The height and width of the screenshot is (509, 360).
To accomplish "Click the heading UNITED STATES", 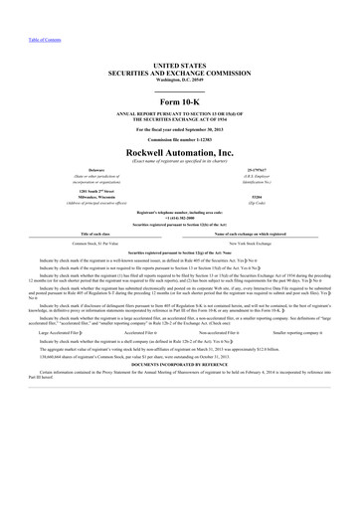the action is pos(179,63).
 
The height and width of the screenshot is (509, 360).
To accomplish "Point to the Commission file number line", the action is pos(179,128).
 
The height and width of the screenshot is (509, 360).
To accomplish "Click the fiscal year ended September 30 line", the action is pos(179,117).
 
